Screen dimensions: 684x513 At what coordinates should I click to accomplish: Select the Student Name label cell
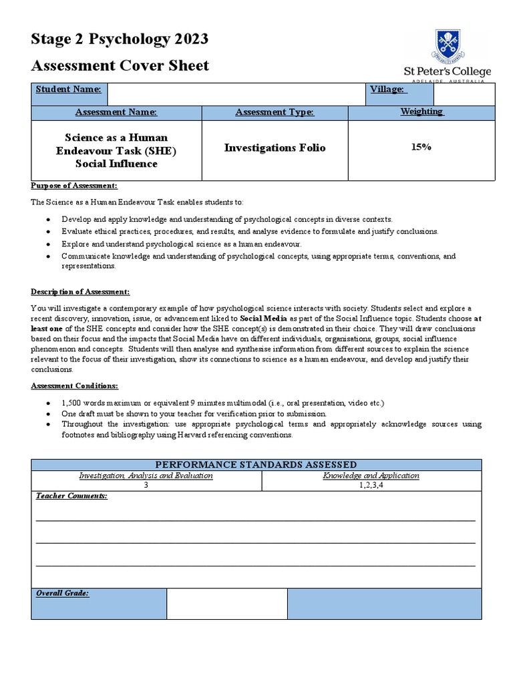pyautogui.click(x=68, y=90)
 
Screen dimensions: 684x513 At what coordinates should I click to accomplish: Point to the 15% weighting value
pyautogui.click(x=421, y=147)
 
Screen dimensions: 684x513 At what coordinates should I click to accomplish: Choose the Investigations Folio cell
pyautogui.click(x=275, y=148)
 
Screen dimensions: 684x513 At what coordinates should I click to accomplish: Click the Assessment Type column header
pyautogui.click(x=275, y=112)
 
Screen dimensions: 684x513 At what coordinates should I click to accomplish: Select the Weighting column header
pyautogui.click(x=421, y=112)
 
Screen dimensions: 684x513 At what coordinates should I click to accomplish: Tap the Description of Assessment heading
pyautogui.click(x=80, y=292)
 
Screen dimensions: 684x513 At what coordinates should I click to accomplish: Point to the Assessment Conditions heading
pyautogui.click(x=75, y=386)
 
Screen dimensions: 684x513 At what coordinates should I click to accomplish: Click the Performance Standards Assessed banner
pyautogui.click(x=256, y=464)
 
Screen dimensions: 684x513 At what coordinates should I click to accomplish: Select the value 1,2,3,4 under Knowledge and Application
pyautogui.click(x=371, y=486)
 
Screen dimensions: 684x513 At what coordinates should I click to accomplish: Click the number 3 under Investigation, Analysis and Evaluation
pyautogui.click(x=146, y=486)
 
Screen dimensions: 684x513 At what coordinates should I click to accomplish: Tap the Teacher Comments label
pyautogui.click(x=71, y=496)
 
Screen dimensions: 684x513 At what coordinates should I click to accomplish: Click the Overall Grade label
pyautogui.click(x=62, y=593)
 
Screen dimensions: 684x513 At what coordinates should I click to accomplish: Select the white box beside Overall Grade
pyautogui.click(x=226, y=604)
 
